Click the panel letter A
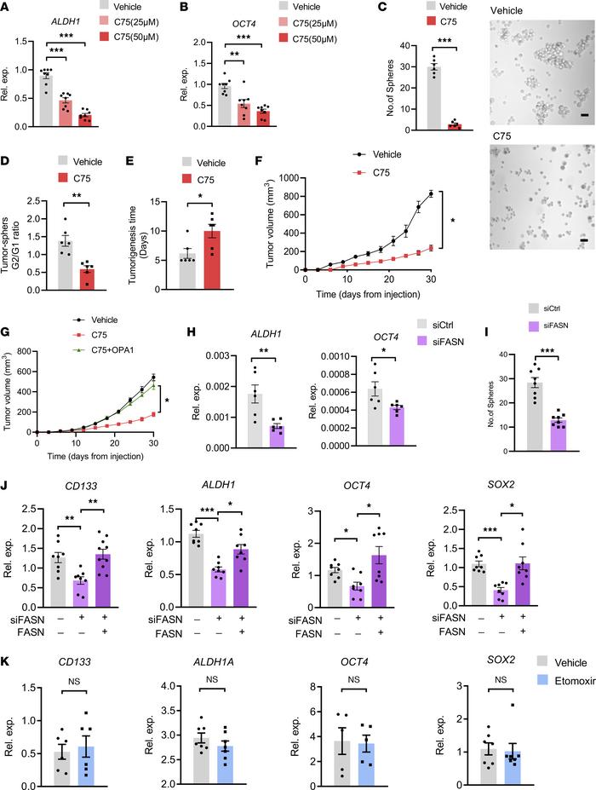7,9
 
